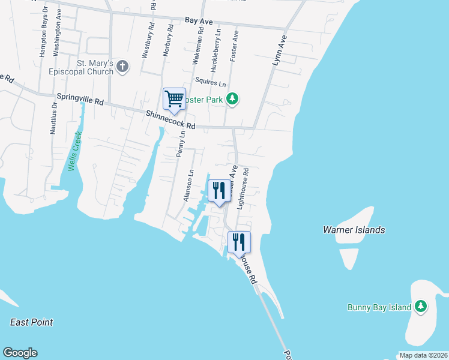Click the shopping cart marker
tap(174, 99)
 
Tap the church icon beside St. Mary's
tap(122, 66)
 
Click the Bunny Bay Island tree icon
tap(421, 307)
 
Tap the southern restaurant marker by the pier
tap(240, 242)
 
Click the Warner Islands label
tap(354, 230)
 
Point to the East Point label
tap(32, 322)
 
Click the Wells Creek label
tap(74, 151)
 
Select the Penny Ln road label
tap(181, 145)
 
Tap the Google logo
tap(20, 353)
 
